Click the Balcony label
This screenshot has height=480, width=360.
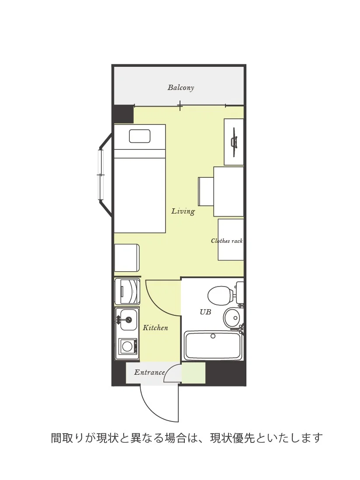tap(180, 88)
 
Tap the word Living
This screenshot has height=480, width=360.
tap(183, 211)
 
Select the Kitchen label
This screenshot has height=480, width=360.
tap(156, 328)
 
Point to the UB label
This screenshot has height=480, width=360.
tap(205, 312)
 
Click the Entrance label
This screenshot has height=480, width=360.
tap(149, 373)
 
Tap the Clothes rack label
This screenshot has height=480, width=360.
tap(227, 241)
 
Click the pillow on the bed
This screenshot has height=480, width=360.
tap(140, 136)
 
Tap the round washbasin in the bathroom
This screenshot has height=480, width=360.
tap(233, 318)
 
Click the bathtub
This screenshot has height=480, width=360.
tap(213, 345)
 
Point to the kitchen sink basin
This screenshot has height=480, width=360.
tap(128, 320)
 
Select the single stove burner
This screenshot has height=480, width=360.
tap(127, 346)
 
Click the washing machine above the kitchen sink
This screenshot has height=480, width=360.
tap(127, 291)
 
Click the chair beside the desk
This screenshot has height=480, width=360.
tap(206, 191)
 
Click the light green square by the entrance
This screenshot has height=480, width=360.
tap(194, 373)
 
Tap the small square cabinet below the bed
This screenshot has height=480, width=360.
tap(127, 258)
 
